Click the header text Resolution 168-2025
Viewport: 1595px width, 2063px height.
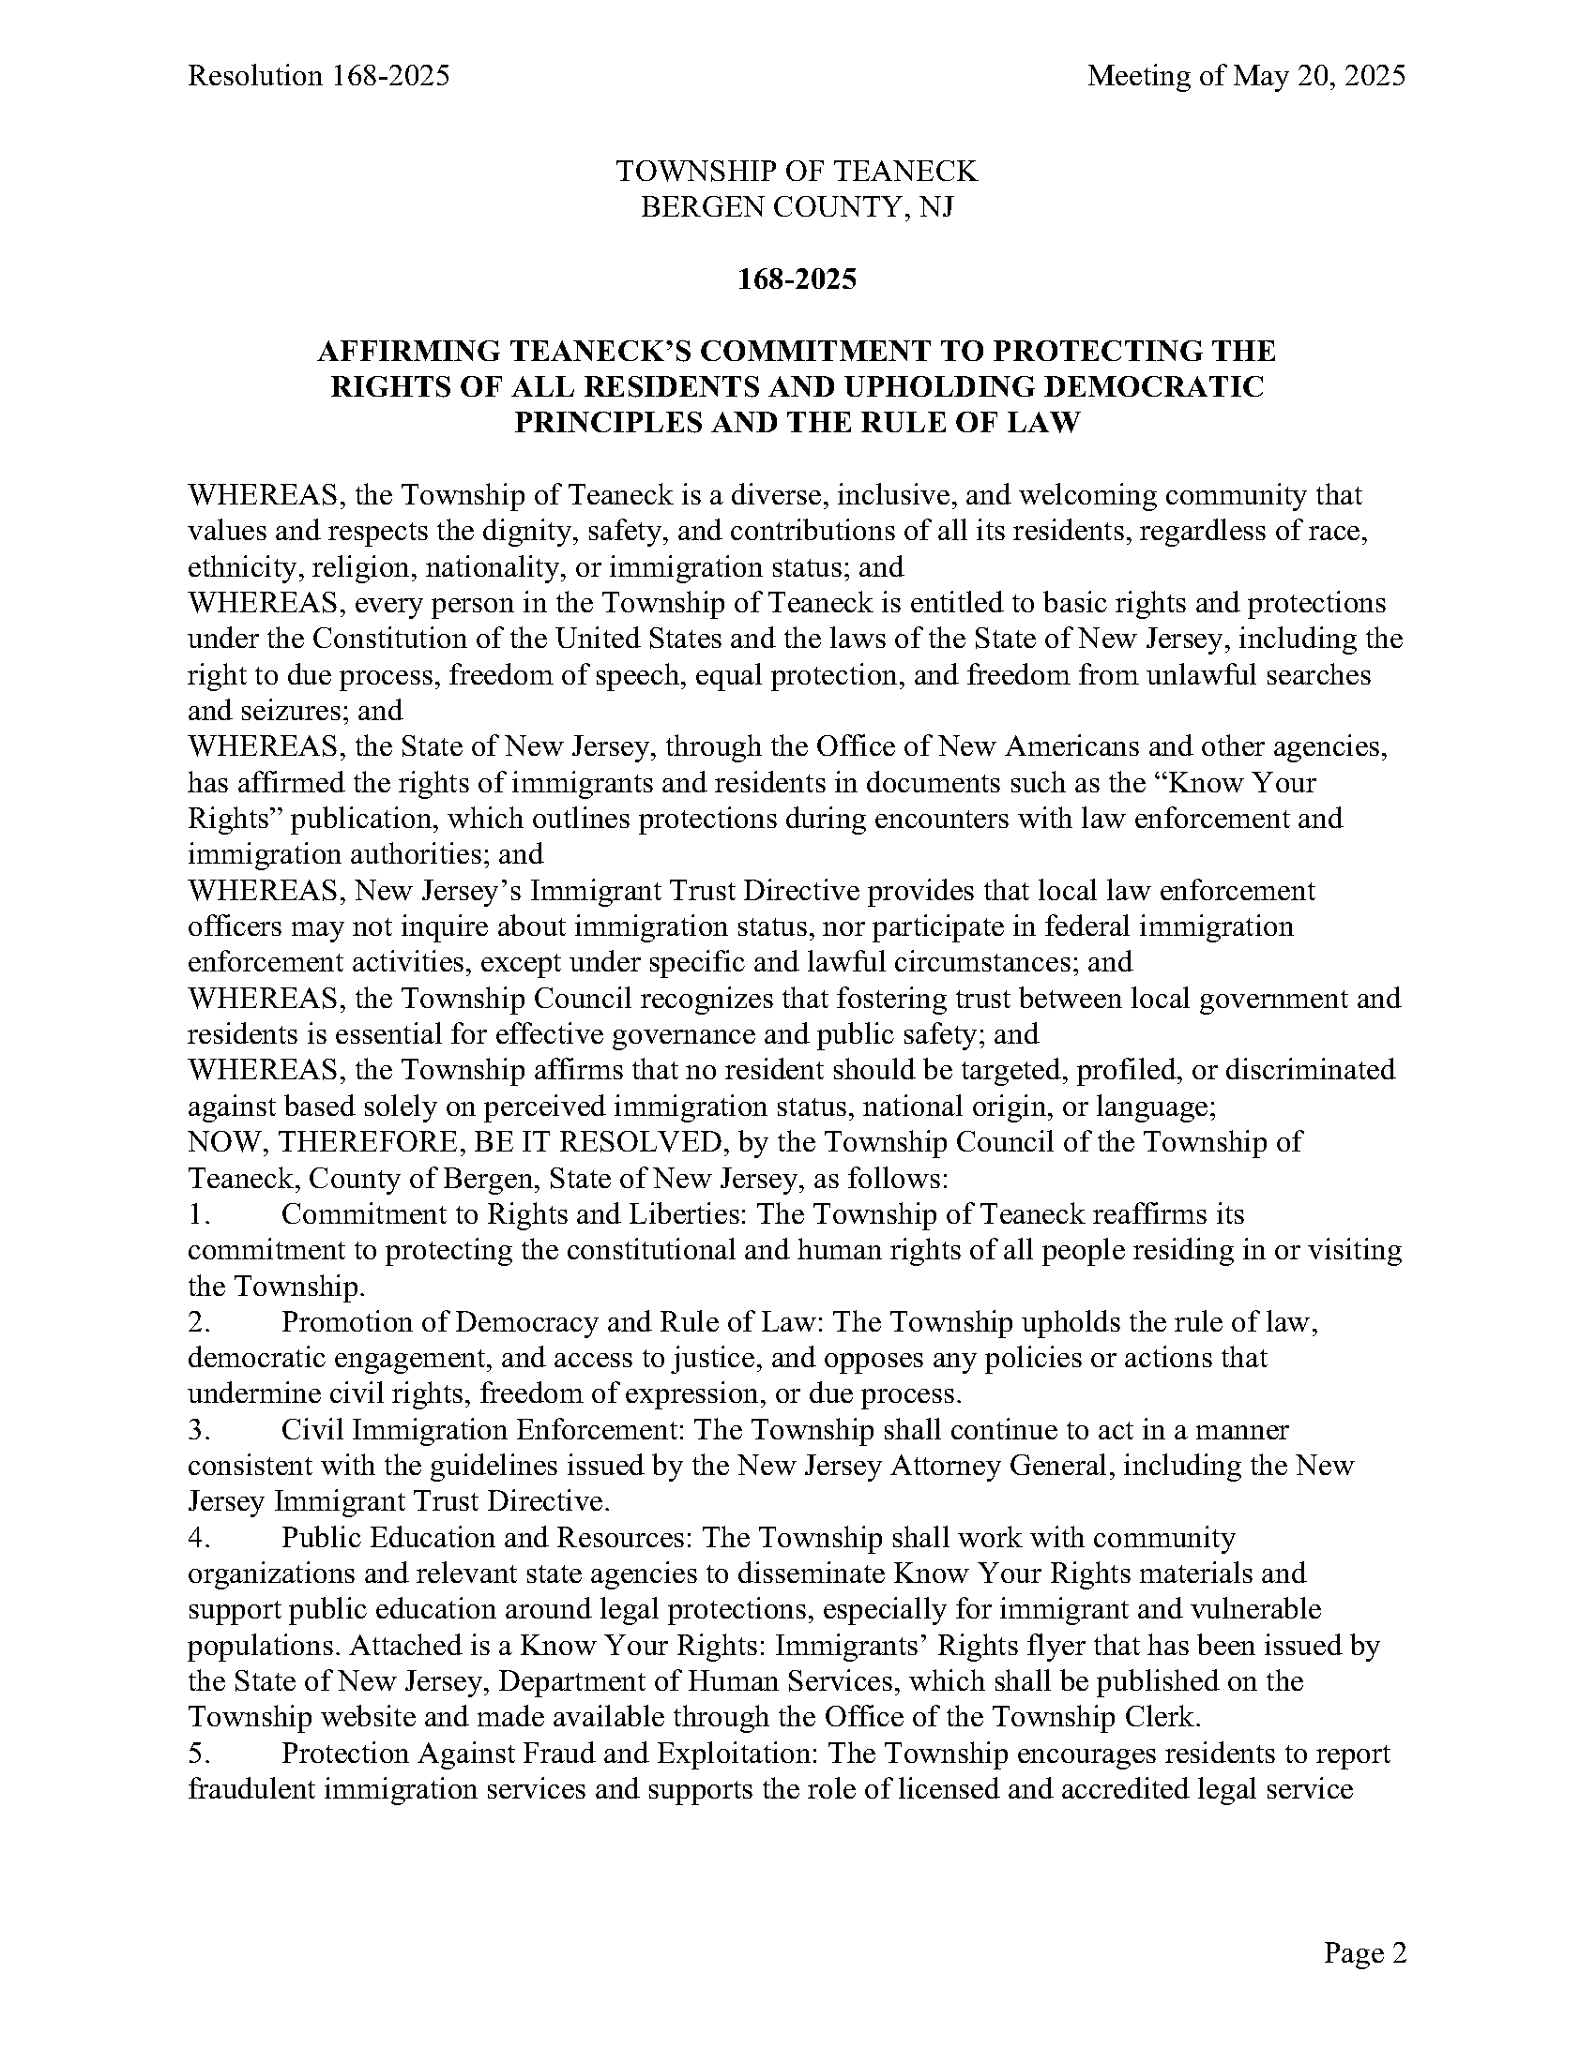point(318,76)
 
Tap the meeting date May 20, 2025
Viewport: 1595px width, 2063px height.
point(1319,76)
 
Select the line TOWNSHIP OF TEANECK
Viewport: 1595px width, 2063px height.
point(797,171)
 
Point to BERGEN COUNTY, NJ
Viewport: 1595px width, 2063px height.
point(797,207)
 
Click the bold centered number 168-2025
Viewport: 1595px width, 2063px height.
point(797,279)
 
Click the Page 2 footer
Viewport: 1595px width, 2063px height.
point(1364,1952)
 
